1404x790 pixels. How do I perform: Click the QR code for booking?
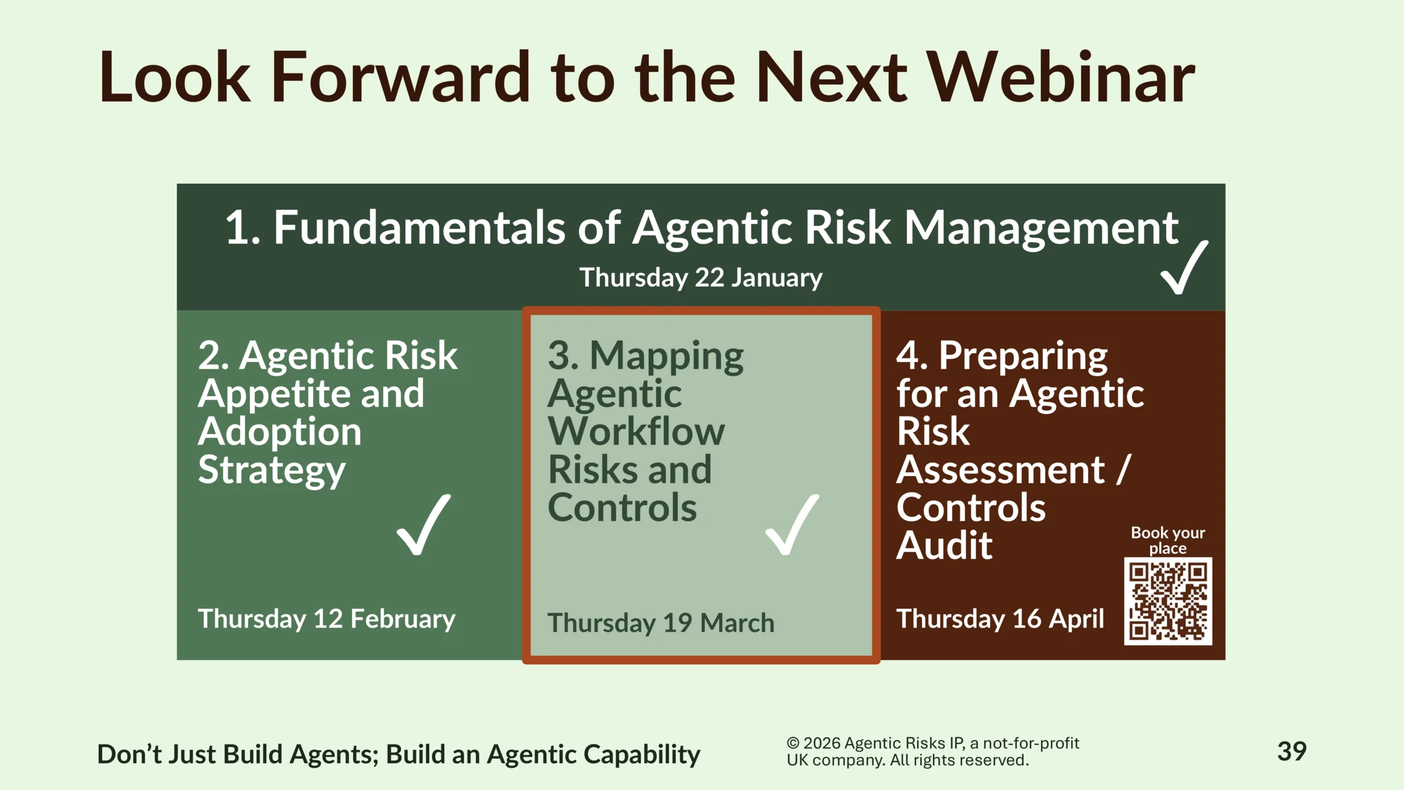point(1168,601)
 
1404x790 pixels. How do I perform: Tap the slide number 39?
point(1292,752)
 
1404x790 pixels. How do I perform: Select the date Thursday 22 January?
point(701,278)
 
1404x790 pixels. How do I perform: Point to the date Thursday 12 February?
point(327,619)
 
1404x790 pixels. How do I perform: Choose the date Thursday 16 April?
point(1000,619)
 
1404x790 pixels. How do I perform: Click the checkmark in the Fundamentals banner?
point(1185,267)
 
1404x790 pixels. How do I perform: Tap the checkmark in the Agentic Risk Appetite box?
point(424,524)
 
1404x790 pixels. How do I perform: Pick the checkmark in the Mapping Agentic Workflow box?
point(792,524)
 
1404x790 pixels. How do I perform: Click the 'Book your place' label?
point(1168,540)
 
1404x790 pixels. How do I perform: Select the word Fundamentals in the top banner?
point(420,228)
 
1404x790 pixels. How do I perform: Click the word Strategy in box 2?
point(272,471)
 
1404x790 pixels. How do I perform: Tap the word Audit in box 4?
point(944,545)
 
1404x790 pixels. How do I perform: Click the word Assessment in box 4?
point(1000,470)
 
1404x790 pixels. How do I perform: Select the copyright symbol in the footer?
point(793,743)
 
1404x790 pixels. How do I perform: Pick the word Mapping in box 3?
point(666,357)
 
